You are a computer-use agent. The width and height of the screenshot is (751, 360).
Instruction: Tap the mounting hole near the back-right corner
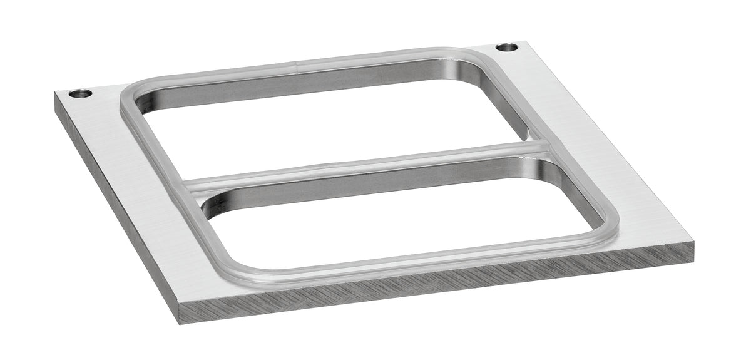pyautogui.click(x=506, y=47)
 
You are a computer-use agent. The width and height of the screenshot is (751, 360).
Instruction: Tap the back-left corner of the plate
pyautogui.click(x=55, y=94)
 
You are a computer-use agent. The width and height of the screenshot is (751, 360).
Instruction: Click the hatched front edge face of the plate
pyautogui.click(x=438, y=288)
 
